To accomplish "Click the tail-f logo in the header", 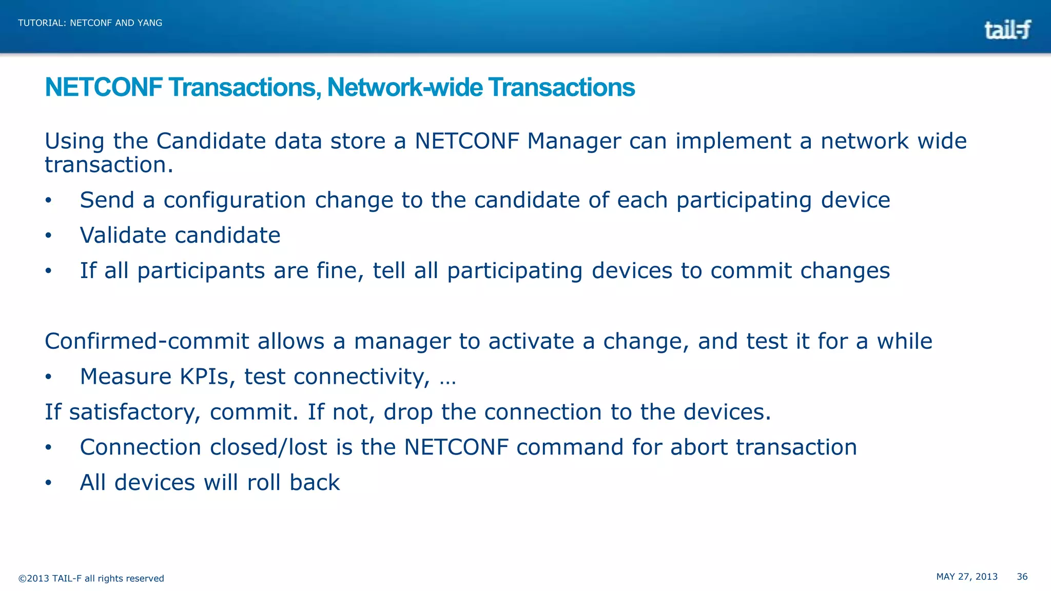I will point(1007,30).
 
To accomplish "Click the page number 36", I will point(1022,577).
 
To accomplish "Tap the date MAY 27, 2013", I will point(967,577).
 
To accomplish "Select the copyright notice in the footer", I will point(91,579).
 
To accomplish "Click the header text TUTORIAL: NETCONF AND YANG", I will point(90,23).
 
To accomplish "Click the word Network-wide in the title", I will point(404,87).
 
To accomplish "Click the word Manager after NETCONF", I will point(574,141).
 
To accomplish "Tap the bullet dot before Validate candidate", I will point(48,235).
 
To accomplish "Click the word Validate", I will point(123,235).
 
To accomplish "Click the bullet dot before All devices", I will point(48,483).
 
